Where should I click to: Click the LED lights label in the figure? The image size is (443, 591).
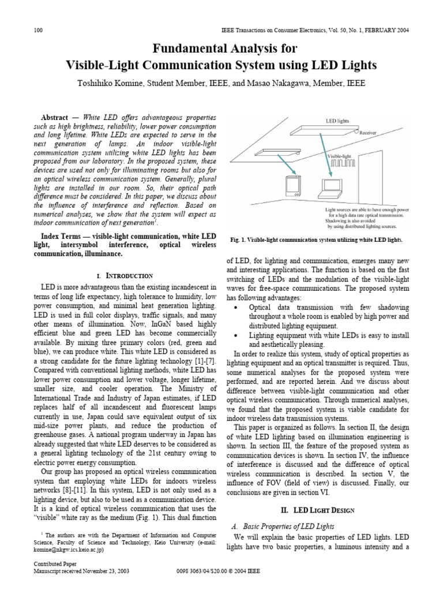point(338,121)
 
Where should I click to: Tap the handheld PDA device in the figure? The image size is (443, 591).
point(293,187)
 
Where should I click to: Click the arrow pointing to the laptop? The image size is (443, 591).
point(323,156)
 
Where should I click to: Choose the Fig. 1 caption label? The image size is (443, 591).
point(239,239)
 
